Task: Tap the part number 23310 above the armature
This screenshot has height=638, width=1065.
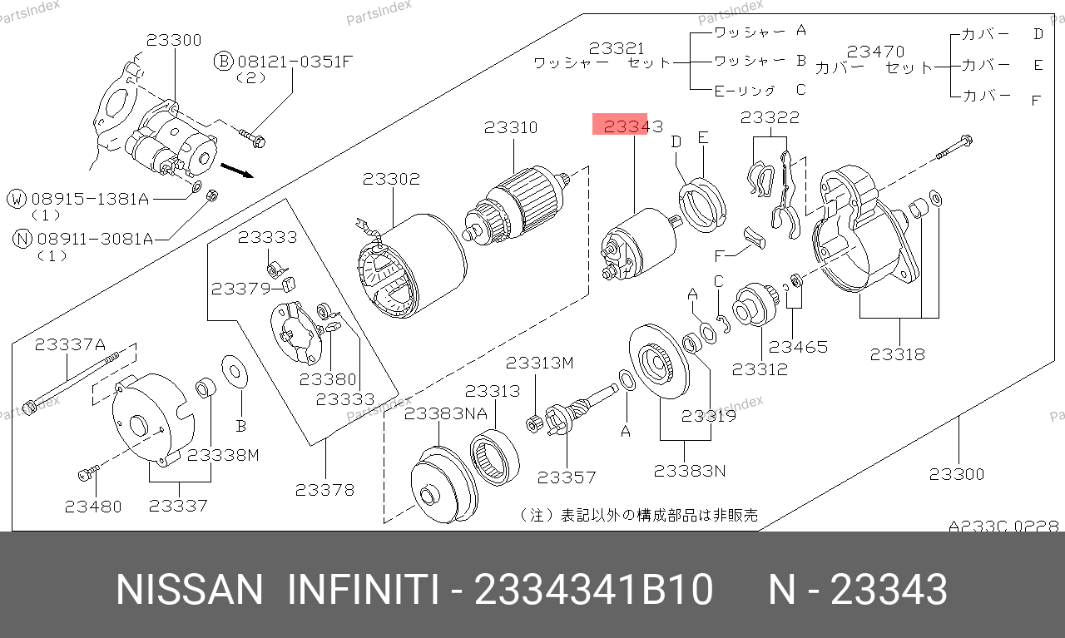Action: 511,127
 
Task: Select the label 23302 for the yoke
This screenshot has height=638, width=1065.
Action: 391,179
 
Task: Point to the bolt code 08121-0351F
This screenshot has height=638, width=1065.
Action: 295,62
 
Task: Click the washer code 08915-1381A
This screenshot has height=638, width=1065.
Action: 91,199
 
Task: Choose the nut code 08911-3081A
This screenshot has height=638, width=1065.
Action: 95,239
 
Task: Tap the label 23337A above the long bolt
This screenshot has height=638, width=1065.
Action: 70,344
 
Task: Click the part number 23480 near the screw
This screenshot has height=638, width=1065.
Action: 93,507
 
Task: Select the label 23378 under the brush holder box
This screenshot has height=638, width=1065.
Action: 324,490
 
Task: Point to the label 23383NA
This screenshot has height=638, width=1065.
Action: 445,414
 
